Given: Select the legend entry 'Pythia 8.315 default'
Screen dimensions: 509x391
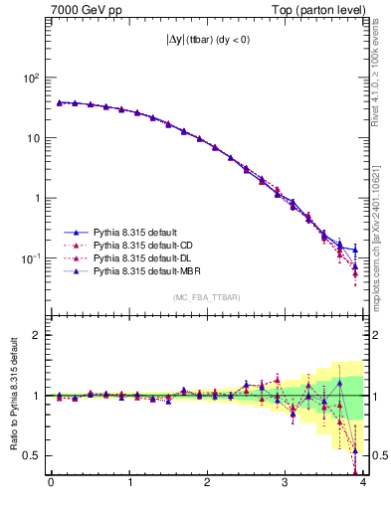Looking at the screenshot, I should (x=142, y=233).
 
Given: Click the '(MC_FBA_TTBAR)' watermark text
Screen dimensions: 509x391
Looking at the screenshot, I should (x=206, y=297).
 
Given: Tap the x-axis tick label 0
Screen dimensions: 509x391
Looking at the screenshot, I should (x=51, y=484).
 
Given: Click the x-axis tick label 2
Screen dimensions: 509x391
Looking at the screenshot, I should (x=207, y=484).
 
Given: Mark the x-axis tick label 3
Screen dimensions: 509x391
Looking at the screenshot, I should (x=285, y=484).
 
